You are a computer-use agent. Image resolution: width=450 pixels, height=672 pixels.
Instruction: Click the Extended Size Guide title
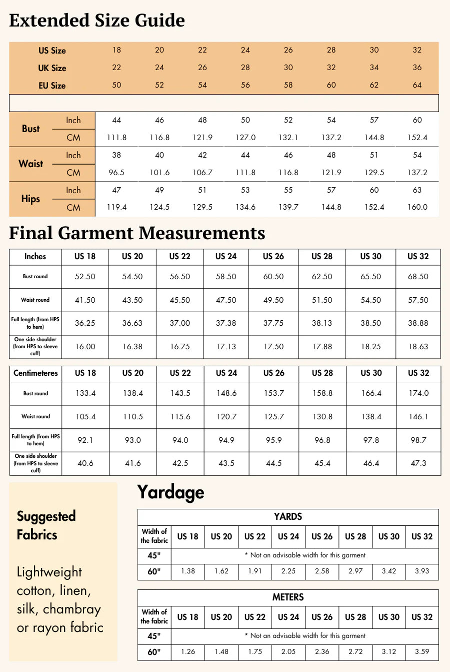[97, 21]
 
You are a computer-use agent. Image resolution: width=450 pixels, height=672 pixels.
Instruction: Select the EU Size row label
[52, 86]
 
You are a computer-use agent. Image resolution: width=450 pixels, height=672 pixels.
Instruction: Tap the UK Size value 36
[417, 68]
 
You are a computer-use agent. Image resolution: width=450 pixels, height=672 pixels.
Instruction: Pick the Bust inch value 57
[374, 120]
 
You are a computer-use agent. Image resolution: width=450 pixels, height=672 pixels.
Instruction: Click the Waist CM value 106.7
[202, 173]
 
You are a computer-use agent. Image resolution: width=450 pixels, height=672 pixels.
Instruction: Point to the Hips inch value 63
[417, 190]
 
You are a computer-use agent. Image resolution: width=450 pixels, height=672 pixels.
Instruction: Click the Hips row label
[30, 199]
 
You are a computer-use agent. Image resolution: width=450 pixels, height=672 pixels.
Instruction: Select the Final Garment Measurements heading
[137, 233]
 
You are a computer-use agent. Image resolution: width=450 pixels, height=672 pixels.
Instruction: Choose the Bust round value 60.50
[273, 277]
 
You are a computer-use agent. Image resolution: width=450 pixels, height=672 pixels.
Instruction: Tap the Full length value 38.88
[418, 323]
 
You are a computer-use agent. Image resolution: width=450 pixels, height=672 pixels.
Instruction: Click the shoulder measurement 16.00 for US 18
[85, 347]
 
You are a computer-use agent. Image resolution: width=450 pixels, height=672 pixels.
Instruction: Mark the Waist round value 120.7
[226, 416]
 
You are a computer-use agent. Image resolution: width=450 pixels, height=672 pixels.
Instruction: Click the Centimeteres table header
[35, 373]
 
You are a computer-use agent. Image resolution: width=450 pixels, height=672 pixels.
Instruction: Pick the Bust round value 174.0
[418, 393]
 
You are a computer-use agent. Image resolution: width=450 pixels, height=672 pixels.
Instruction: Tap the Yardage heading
[170, 492]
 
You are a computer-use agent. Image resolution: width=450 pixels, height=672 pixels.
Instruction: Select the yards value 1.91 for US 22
[255, 571]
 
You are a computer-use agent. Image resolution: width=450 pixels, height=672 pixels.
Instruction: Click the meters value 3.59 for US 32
[422, 651]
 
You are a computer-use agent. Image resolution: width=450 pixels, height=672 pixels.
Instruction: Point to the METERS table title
[288, 597]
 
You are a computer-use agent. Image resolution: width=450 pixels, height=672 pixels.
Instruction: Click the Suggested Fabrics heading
[46, 525]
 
